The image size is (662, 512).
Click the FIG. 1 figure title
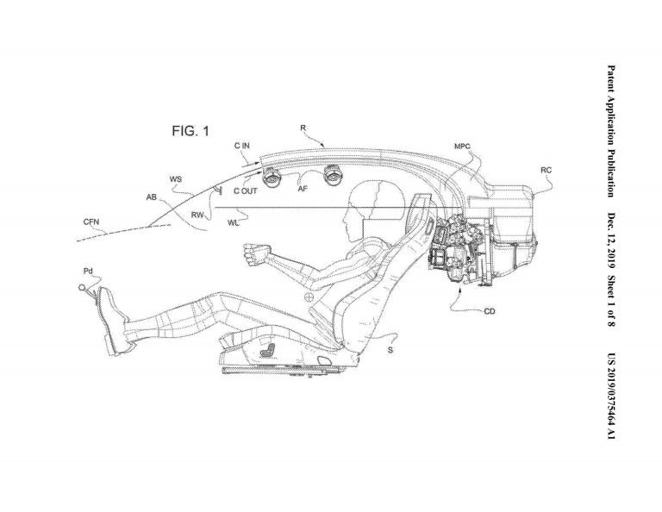(190, 131)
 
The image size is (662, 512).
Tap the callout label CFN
(91, 222)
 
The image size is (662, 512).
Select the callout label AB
(151, 197)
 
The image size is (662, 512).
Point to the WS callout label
(176, 179)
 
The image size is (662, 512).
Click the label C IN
(242, 146)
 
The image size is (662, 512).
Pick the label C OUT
(246, 191)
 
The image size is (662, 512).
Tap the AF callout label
(303, 189)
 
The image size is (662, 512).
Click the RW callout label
(197, 215)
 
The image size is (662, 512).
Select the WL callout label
(233, 223)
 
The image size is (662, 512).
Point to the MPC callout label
(462, 147)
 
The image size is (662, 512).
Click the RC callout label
(546, 170)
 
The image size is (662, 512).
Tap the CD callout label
(490, 311)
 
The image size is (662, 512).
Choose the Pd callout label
(88, 271)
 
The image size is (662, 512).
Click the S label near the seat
(390, 350)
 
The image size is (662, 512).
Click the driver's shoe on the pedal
(110, 320)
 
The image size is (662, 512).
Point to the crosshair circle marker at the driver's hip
(310, 297)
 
